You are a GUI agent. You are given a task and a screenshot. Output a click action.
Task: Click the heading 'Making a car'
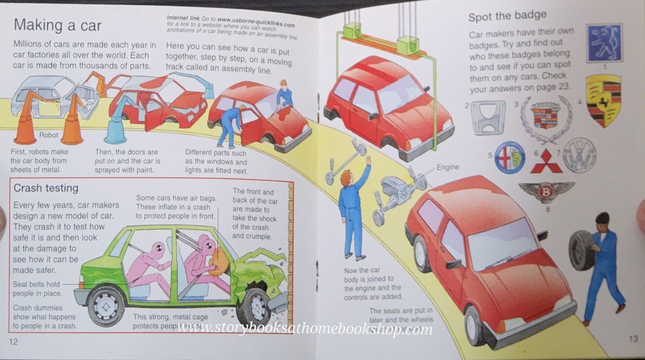58,25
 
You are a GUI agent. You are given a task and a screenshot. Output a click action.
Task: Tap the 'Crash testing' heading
46,188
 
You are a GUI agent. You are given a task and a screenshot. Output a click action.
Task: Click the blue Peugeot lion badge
604,43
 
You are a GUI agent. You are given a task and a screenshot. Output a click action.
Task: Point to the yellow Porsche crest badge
603,101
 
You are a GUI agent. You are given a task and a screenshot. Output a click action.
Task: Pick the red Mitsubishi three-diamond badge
546,161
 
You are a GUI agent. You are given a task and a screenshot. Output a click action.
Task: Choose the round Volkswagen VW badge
579,155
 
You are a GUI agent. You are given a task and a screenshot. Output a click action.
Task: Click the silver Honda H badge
488,117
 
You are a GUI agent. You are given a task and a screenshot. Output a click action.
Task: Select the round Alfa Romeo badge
510,157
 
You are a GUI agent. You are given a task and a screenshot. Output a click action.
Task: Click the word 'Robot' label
49,135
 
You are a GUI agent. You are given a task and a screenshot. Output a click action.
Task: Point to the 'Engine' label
447,167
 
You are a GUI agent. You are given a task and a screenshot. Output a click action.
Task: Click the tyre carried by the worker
580,250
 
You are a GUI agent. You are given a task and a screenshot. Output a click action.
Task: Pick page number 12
13,342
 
